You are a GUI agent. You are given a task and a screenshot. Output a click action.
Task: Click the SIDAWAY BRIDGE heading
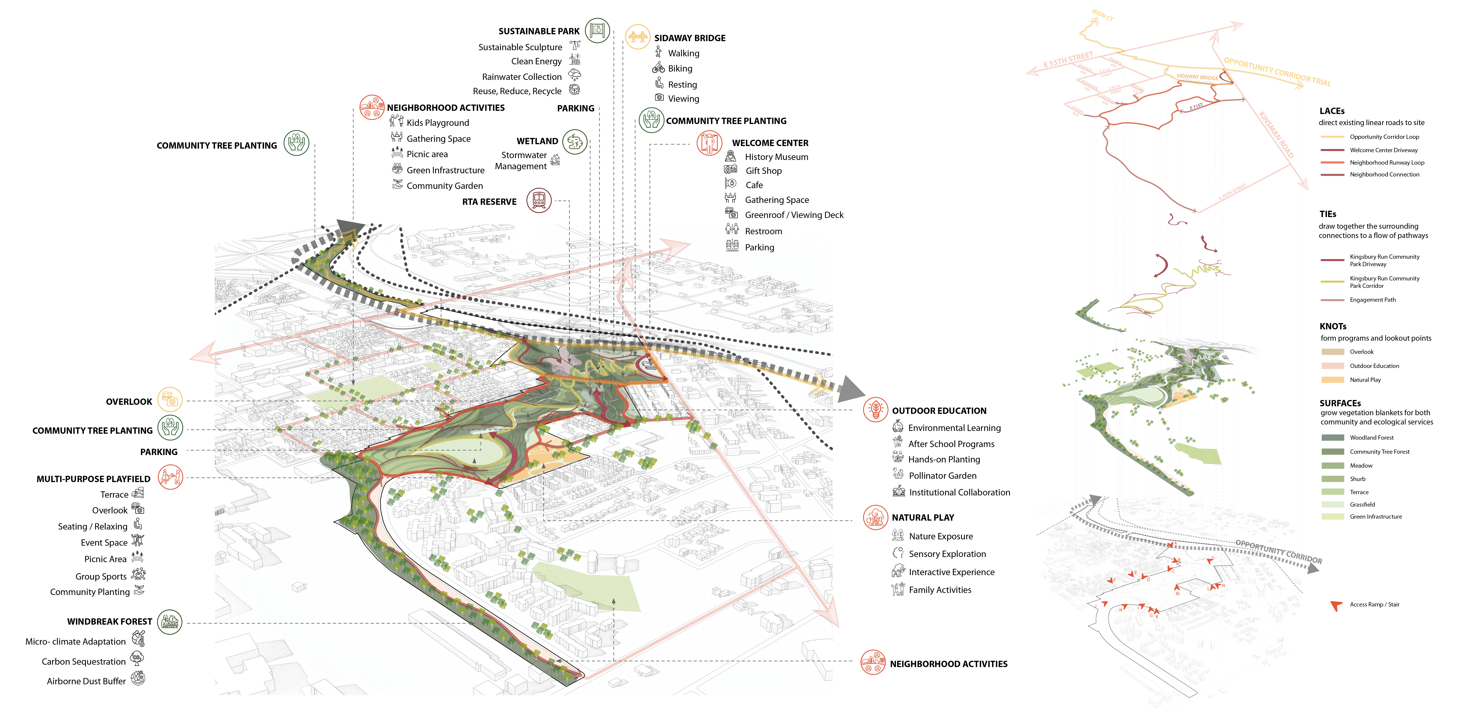(x=690, y=38)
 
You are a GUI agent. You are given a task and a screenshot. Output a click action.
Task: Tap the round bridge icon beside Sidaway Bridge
(x=637, y=37)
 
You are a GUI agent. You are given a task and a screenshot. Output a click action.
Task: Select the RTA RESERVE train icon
(x=539, y=201)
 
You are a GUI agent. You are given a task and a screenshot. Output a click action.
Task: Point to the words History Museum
(x=776, y=157)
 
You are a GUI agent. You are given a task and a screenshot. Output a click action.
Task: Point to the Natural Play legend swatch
(x=1333, y=380)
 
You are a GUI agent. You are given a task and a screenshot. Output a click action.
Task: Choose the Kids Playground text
(x=437, y=123)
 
